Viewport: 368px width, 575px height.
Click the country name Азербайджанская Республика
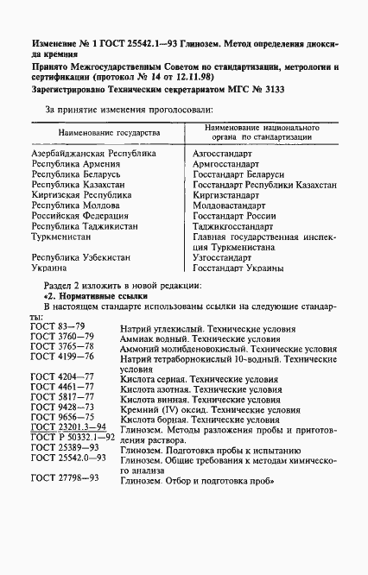93,153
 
